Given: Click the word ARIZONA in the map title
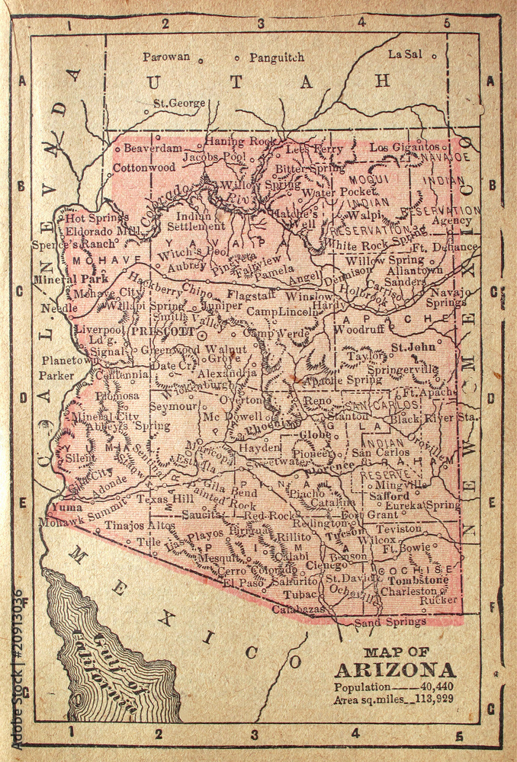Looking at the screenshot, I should pos(395,671).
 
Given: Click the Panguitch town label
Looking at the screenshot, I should pos(277,57).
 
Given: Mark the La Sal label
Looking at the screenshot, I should pos(405,54).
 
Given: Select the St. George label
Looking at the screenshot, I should pos(179,103).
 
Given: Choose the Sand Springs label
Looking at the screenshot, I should pos(390,622).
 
